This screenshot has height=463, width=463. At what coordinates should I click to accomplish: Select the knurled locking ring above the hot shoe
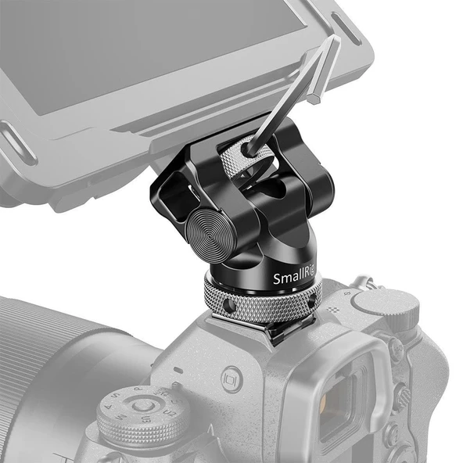pos(262,301)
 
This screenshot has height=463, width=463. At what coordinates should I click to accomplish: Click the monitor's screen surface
pos(141,55)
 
